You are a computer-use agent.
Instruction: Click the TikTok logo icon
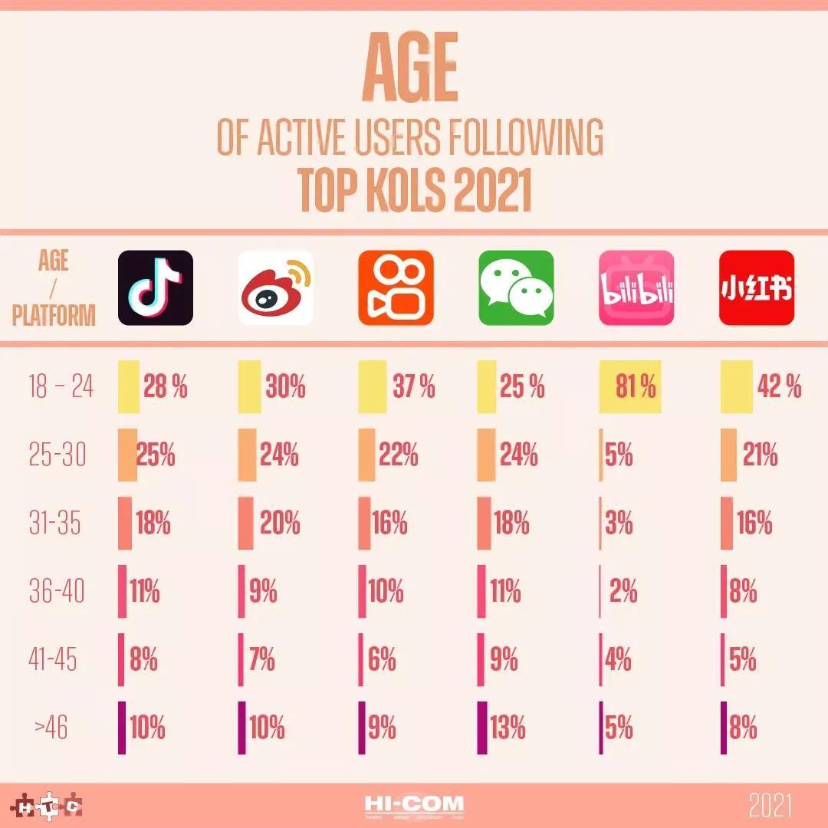click(x=156, y=287)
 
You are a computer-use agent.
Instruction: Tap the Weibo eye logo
click(x=276, y=287)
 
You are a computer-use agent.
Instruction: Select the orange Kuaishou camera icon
click(x=396, y=287)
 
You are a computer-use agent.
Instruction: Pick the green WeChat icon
click(x=516, y=287)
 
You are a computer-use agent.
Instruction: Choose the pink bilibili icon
click(x=636, y=287)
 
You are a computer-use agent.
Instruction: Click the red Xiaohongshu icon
click(x=757, y=287)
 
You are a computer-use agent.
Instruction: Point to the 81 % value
click(x=636, y=387)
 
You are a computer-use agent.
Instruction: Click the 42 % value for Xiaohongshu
click(x=779, y=387)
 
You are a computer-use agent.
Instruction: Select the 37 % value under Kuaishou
click(x=414, y=387)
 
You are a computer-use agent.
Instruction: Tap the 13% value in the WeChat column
click(x=508, y=728)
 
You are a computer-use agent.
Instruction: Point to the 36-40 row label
click(x=57, y=592)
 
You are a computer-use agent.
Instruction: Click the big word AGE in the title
click(x=411, y=69)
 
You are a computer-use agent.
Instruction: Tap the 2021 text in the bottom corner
click(x=770, y=806)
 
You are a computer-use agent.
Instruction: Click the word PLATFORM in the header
click(x=54, y=316)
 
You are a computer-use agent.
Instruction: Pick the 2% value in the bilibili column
click(x=623, y=592)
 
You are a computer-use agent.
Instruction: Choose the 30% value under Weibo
click(x=285, y=387)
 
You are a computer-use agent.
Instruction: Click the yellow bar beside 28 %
click(x=128, y=387)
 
